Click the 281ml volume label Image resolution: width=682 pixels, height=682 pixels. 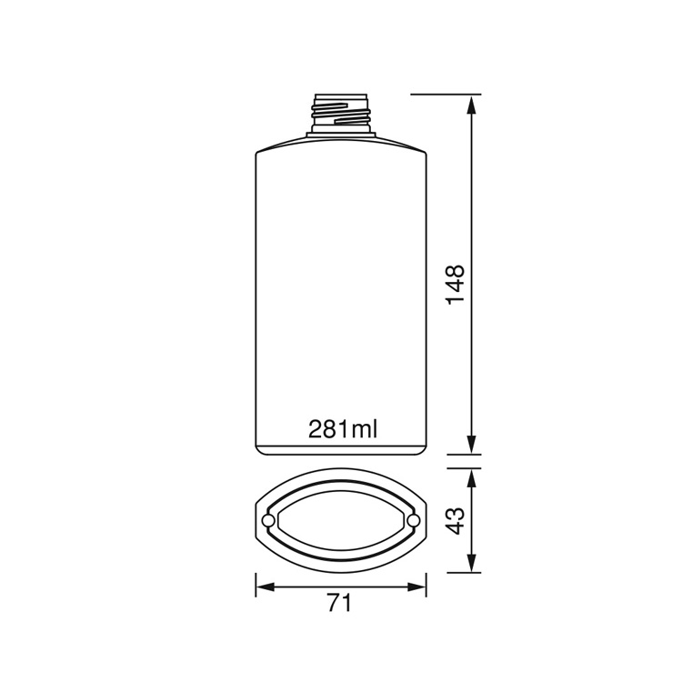(341, 428)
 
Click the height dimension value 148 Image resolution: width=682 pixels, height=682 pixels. (455, 284)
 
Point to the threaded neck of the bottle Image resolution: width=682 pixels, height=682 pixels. (341, 115)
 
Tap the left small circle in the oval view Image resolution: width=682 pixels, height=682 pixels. (267, 519)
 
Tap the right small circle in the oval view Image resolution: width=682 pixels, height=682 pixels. (414, 519)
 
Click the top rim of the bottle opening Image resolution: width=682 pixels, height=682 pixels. (341, 95)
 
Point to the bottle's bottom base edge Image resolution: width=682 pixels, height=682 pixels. (341, 452)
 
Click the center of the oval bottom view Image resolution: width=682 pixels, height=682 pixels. (341, 519)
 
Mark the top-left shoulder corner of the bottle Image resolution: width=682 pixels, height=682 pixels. (258, 153)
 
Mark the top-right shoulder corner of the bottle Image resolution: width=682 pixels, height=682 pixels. (424, 153)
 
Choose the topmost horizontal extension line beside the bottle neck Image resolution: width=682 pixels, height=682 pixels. (446, 94)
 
